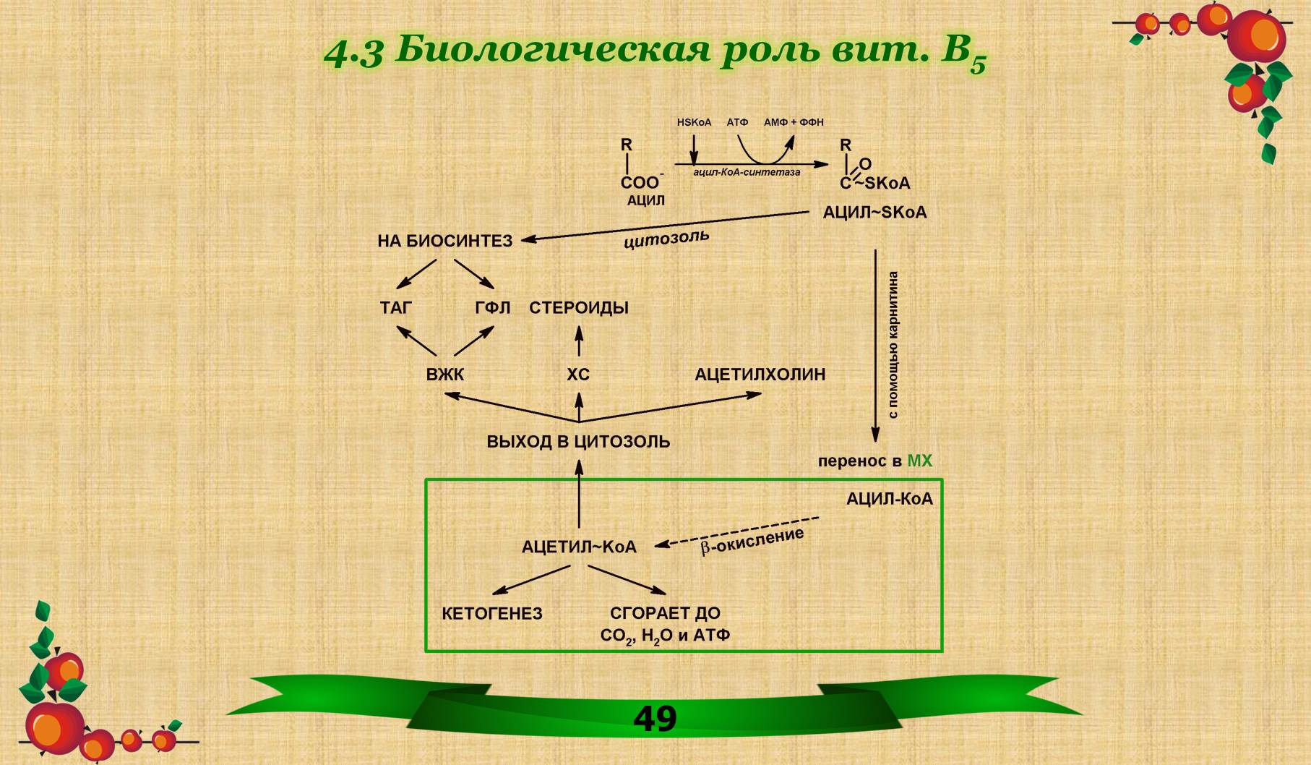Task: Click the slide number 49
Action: tap(655, 718)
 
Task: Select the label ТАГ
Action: tap(395, 308)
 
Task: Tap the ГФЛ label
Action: tap(492, 308)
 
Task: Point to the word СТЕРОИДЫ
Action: tap(578, 308)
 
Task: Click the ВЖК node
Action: tap(444, 375)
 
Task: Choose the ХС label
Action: tap(578, 375)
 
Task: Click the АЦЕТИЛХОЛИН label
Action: tap(760, 375)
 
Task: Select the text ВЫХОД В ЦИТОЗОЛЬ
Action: tap(578, 442)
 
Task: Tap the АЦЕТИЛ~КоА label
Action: tap(579, 547)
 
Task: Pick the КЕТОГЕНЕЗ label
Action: tap(492, 614)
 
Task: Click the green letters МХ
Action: tap(919, 461)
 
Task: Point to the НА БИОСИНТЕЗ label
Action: tap(444, 241)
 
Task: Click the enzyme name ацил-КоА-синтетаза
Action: tap(747, 173)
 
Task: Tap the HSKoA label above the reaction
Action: tap(694, 122)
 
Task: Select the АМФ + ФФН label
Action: tap(794, 122)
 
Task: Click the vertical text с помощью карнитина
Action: tap(893, 345)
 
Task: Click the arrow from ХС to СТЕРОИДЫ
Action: tap(578, 341)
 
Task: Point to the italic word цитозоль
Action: tap(666, 239)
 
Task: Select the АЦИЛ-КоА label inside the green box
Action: tap(889, 499)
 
